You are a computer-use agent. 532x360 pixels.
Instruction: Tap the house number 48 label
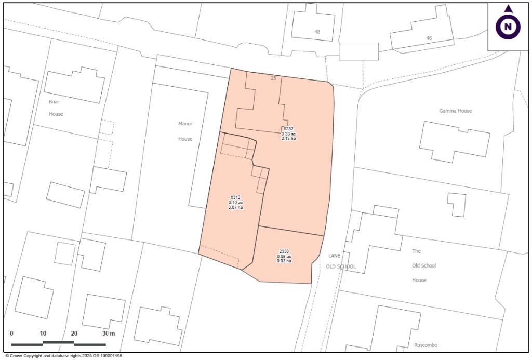(317, 32)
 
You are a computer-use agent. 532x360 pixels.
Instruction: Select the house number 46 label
(429, 38)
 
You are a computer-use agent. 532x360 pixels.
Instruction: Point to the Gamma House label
(456, 111)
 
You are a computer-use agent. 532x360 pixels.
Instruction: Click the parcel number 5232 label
(289, 129)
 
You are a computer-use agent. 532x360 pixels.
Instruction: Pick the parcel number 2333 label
(284, 251)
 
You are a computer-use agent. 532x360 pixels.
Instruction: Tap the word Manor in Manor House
(185, 124)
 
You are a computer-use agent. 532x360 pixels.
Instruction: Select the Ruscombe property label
(427, 345)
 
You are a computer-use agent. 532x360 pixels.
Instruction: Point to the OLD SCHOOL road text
(342, 267)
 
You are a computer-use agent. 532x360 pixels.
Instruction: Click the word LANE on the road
(334, 256)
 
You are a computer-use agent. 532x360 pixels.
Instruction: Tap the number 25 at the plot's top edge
(273, 78)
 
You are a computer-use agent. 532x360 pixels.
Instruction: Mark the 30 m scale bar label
(108, 333)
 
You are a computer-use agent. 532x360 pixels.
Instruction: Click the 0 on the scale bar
(12, 333)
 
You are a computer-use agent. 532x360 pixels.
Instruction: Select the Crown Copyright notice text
(63, 356)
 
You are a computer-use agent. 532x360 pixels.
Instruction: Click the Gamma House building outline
(454, 140)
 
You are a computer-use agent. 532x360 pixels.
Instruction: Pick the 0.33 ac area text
(289, 134)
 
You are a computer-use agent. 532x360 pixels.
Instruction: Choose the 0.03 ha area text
(284, 261)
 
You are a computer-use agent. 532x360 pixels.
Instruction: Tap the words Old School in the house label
(423, 266)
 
